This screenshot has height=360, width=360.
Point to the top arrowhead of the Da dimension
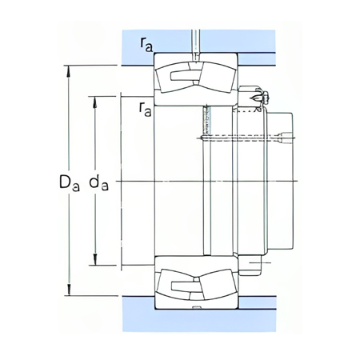68,66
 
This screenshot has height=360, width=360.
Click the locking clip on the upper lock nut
257,98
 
